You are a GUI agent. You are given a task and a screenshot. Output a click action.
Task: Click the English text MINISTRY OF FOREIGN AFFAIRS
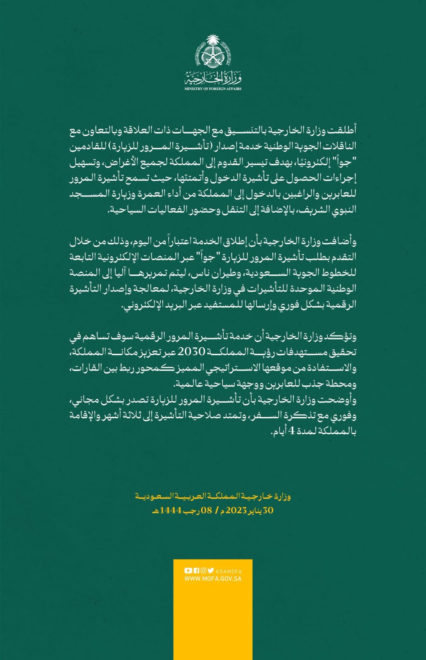pyautogui.click(x=213, y=89)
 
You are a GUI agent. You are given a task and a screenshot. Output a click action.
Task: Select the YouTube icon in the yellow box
pyautogui.click(x=188, y=571)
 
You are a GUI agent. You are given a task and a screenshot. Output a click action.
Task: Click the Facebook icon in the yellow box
pyautogui.click(x=196, y=571)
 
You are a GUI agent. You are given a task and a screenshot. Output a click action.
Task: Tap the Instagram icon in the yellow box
pyautogui.click(x=203, y=571)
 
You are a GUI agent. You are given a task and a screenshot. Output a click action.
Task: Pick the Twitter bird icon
pyautogui.click(x=211, y=571)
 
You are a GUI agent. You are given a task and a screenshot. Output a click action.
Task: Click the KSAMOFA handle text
pyautogui.click(x=228, y=571)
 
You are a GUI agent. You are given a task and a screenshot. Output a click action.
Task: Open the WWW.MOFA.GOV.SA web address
pyautogui.click(x=213, y=578)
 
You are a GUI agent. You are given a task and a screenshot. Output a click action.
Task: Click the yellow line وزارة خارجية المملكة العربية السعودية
pyautogui.click(x=213, y=497)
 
